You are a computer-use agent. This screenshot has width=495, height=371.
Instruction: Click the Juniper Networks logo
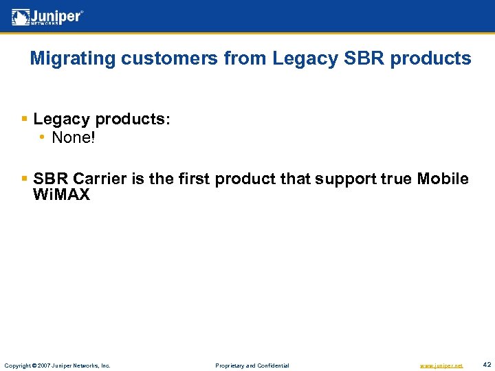(x=47, y=17)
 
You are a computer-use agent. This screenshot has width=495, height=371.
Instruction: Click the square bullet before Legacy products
(x=25, y=120)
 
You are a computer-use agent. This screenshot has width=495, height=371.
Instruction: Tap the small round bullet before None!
(x=43, y=138)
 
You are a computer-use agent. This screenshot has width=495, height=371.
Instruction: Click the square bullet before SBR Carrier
(x=25, y=179)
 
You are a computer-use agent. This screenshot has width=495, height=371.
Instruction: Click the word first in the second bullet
(x=193, y=179)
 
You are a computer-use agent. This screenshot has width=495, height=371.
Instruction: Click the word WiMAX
(x=61, y=195)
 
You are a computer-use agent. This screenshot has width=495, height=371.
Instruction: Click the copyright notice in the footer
(x=57, y=366)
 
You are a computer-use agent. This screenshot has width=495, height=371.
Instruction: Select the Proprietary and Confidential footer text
(x=252, y=366)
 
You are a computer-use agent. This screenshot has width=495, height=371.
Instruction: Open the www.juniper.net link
(x=441, y=366)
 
